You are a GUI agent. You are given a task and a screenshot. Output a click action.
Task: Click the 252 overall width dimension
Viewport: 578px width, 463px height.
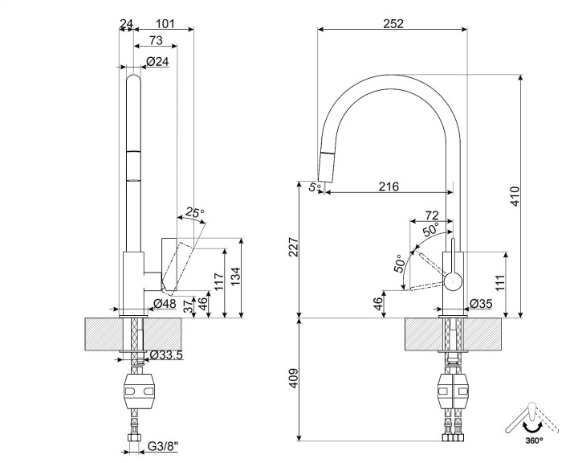pyautogui.click(x=393, y=23)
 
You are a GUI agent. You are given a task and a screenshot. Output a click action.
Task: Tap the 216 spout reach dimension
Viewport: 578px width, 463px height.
pyautogui.click(x=389, y=186)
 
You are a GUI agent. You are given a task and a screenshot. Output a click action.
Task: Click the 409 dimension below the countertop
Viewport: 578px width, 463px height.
pyautogui.click(x=294, y=375)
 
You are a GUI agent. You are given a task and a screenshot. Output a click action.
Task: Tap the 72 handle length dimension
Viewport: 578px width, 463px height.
pyautogui.click(x=432, y=215)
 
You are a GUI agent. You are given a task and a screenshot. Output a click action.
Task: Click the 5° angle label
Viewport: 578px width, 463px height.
pyautogui.click(x=315, y=187)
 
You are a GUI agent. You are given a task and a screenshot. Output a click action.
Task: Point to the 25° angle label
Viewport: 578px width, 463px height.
pyautogui.click(x=195, y=213)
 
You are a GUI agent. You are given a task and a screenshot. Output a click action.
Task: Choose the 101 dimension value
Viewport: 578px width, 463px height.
pyautogui.click(x=164, y=23)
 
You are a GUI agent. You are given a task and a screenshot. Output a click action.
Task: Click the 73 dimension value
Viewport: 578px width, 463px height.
pyautogui.click(x=156, y=41)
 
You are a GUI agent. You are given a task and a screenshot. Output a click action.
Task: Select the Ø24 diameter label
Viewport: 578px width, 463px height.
pyautogui.click(x=157, y=62)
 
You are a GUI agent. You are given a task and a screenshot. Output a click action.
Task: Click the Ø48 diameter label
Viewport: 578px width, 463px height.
pyautogui.click(x=165, y=304)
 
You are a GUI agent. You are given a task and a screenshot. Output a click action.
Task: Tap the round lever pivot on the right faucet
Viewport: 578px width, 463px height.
pyautogui.click(x=454, y=281)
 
